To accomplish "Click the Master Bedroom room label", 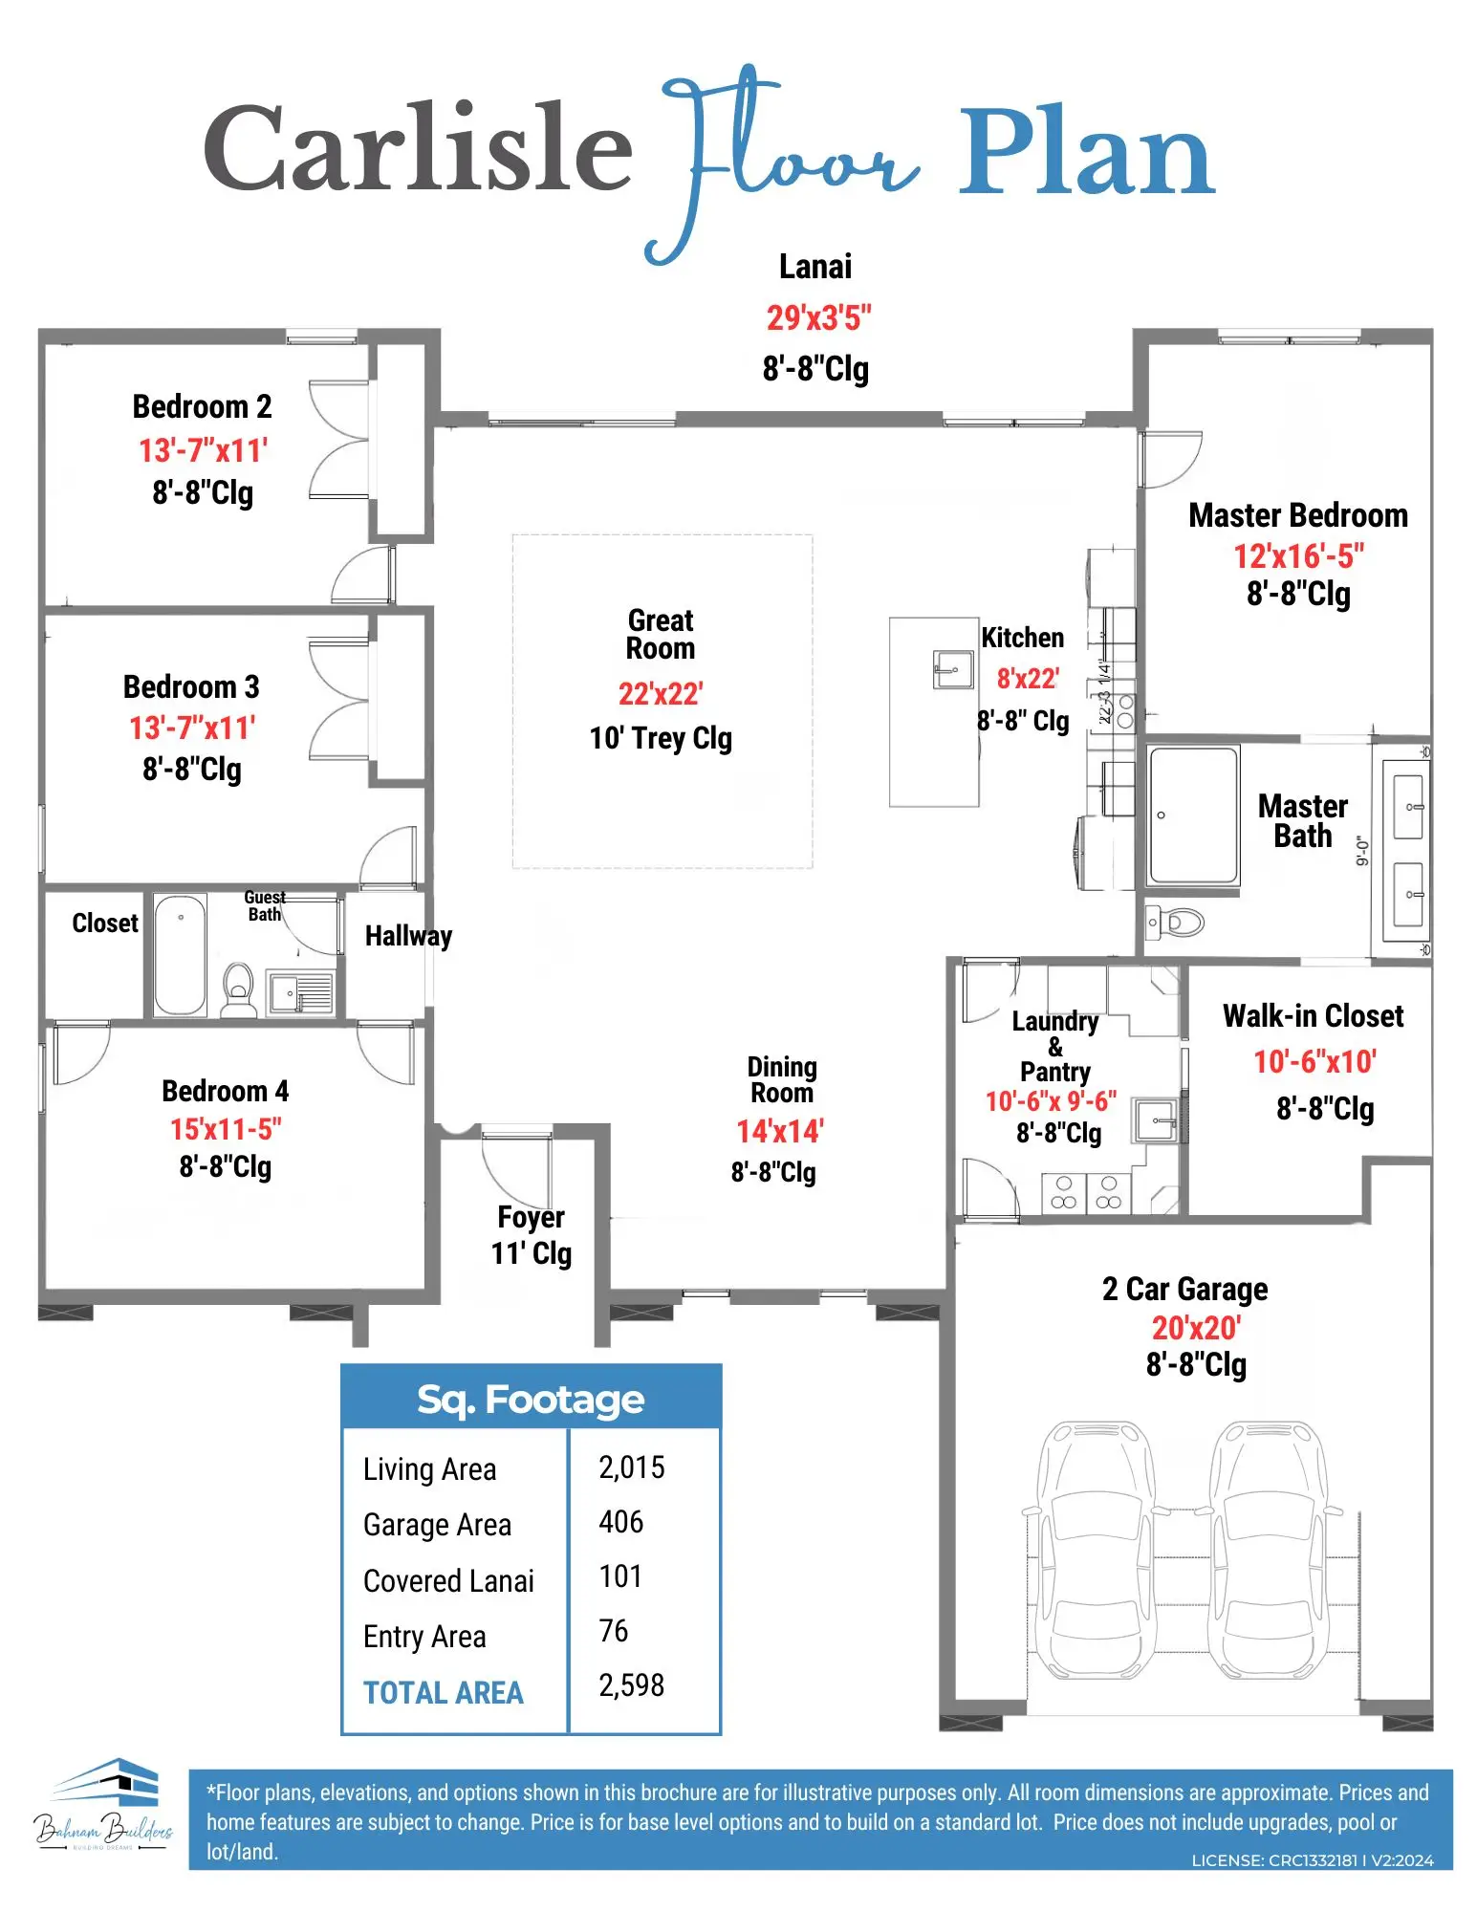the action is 1298,515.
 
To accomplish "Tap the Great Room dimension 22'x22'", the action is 661,693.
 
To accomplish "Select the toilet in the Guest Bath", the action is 238,989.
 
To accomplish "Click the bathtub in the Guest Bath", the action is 181,954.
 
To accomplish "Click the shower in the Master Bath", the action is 1194,815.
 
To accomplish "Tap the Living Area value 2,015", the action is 631,1467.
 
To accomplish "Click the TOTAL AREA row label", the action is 444,1692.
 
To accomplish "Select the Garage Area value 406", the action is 620,1522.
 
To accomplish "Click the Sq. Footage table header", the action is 531,1400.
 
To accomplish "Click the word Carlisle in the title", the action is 418,148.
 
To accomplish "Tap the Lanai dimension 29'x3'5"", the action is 818,317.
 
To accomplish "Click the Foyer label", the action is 531,1217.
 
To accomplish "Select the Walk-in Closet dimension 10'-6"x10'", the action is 1314,1061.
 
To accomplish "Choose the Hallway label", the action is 408,936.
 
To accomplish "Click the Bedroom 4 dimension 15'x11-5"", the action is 226,1129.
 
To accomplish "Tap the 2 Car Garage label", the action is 1184,1289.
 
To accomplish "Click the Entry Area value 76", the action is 613,1631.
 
